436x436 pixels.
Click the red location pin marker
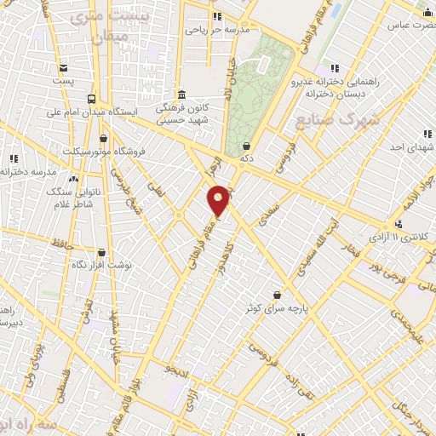click(219, 201)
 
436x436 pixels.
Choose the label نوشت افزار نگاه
click(103, 265)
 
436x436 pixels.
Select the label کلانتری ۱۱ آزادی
click(401, 235)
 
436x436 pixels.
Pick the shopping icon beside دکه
click(247, 146)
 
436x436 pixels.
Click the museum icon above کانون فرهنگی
click(181, 95)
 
